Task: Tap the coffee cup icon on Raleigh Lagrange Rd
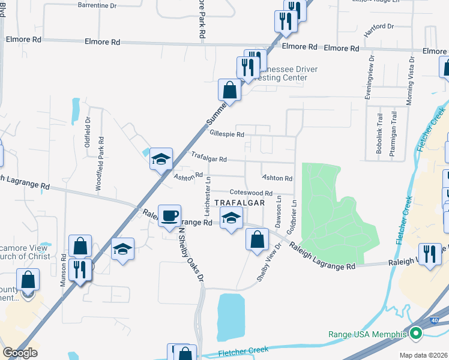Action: pos(170,215)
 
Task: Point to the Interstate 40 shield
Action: pos(433,320)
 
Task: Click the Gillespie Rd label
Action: pos(226,134)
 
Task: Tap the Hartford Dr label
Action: pos(378,26)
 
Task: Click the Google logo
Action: pos(20,353)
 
